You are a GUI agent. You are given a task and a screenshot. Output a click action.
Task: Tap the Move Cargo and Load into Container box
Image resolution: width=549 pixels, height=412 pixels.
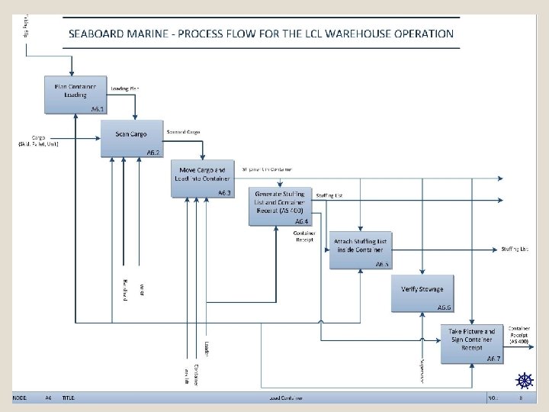pyautogui.click(x=202, y=177)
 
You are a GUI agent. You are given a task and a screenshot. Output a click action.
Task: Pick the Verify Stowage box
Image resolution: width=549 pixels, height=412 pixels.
pyautogui.click(x=423, y=292)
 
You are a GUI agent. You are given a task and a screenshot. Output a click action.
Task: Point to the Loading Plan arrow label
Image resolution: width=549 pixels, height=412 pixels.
pyautogui.click(x=125, y=89)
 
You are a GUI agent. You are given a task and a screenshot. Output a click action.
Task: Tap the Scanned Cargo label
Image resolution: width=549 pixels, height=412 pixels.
pyautogui.click(x=183, y=132)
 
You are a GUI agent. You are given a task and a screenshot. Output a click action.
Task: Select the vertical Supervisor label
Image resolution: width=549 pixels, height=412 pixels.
pyautogui.click(x=422, y=371)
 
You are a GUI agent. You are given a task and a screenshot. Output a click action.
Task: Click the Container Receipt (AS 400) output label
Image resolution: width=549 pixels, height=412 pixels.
pyautogui.click(x=522, y=333)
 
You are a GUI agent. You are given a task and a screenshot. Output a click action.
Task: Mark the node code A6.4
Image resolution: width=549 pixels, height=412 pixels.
pyautogui.click(x=301, y=220)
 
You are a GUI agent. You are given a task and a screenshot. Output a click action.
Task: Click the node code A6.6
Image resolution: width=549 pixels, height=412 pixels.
pyautogui.click(x=445, y=307)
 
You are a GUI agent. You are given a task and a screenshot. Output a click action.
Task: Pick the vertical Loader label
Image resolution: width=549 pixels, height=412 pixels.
pyautogui.click(x=207, y=347)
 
